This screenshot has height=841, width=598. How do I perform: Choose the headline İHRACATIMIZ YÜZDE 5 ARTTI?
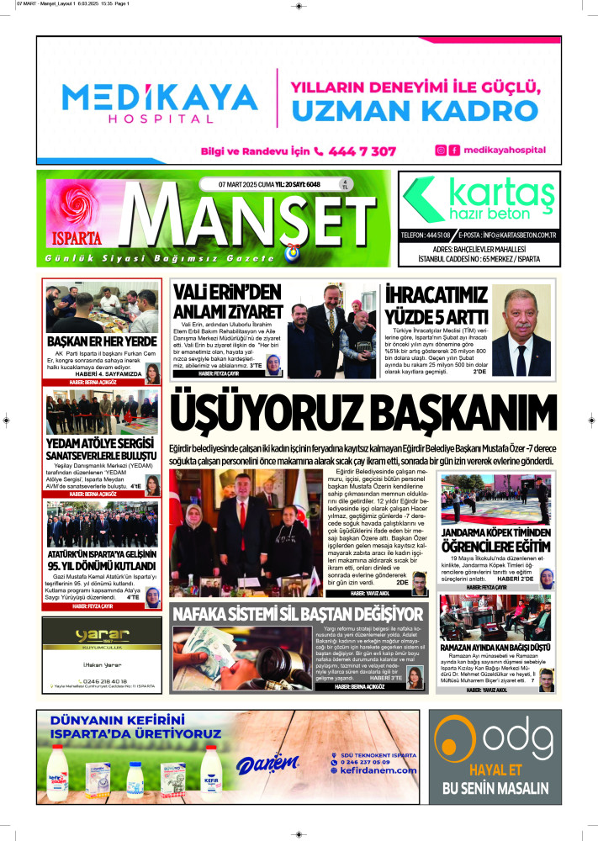(437, 305)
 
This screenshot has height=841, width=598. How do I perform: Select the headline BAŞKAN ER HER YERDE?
(102, 341)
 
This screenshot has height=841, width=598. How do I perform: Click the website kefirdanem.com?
(378, 770)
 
